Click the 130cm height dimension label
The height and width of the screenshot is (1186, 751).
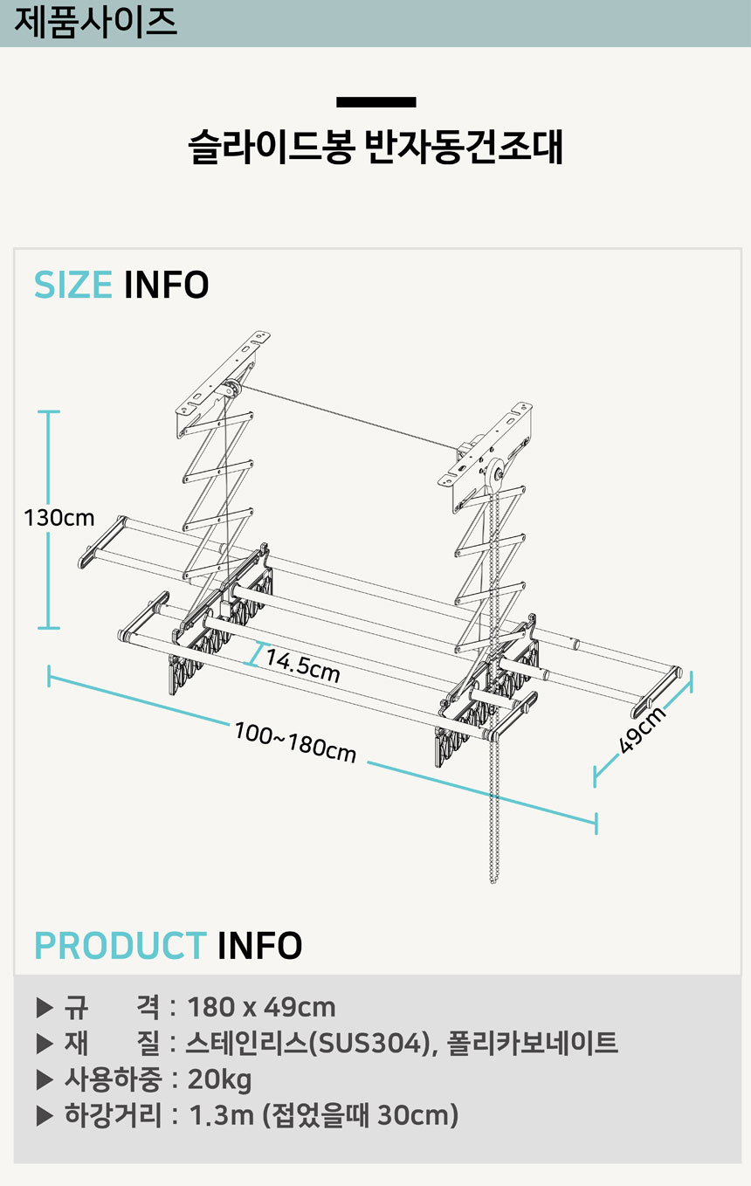[x=59, y=518]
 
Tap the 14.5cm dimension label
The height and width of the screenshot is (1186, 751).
[x=302, y=665]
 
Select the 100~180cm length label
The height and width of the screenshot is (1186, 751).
[x=295, y=741]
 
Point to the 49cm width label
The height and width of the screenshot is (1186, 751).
[x=643, y=729]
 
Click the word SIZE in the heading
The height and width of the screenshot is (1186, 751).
[x=73, y=286]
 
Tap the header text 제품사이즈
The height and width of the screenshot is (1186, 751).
[x=95, y=23]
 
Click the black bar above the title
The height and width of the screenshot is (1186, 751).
[x=375, y=102]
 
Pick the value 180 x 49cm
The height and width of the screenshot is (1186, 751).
[x=261, y=1007]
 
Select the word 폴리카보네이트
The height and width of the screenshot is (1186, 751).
[x=532, y=1044]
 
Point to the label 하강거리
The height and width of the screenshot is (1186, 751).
[x=113, y=1116]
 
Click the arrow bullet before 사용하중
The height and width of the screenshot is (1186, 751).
[x=45, y=1080]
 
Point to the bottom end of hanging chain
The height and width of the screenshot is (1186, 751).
[x=493, y=879]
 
